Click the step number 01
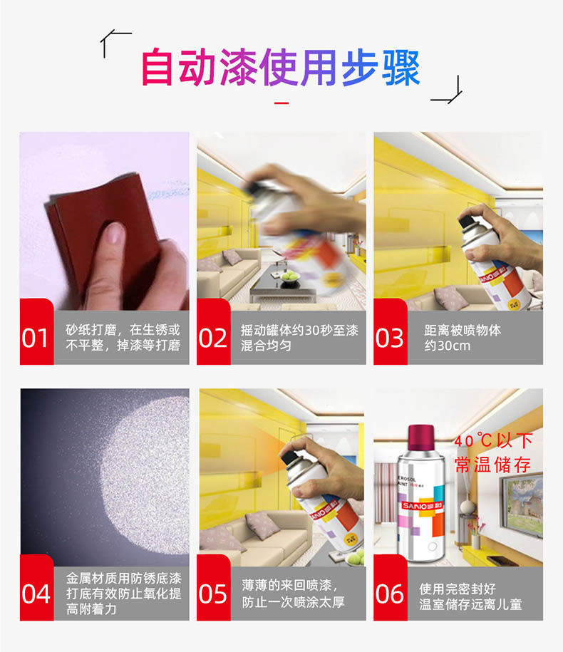(x=35, y=338)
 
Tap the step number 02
(x=212, y=338)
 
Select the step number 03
(x=389, y=338)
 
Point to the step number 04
(x=36, y=594)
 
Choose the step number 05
(x=212, y=594)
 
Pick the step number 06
(x=389, y=594)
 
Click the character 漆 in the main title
(x=239, y=68)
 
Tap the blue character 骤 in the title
(x=401, y=68)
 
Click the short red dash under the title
(x=281, y=103)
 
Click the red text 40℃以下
(x=493, y=440)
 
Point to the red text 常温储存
(x=492, y=465)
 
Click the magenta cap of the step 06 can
(x=421, y=438)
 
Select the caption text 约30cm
(x=448, y=346)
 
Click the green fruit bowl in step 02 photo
(x=291, y=277)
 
